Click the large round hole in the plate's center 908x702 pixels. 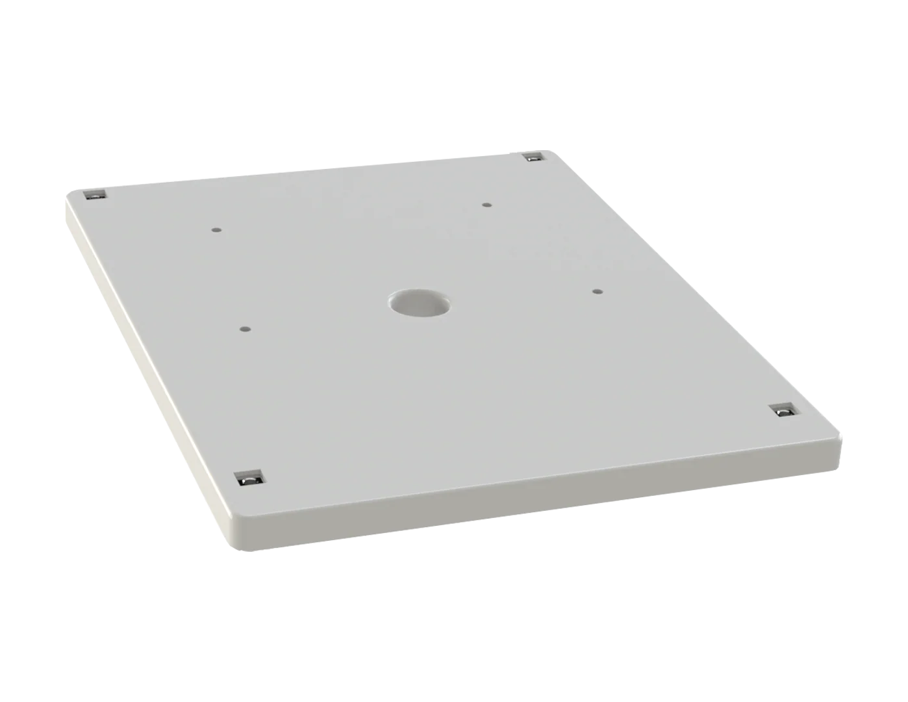[x=420, y=303]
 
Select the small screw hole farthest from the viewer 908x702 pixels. [x=486, y=205]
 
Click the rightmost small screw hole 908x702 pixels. [x=598, y=291]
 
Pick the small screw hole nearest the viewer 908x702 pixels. [x=244, y=329]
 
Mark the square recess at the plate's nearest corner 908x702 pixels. [x=247, y=478]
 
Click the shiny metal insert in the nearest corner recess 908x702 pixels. [x=248, y=481]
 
